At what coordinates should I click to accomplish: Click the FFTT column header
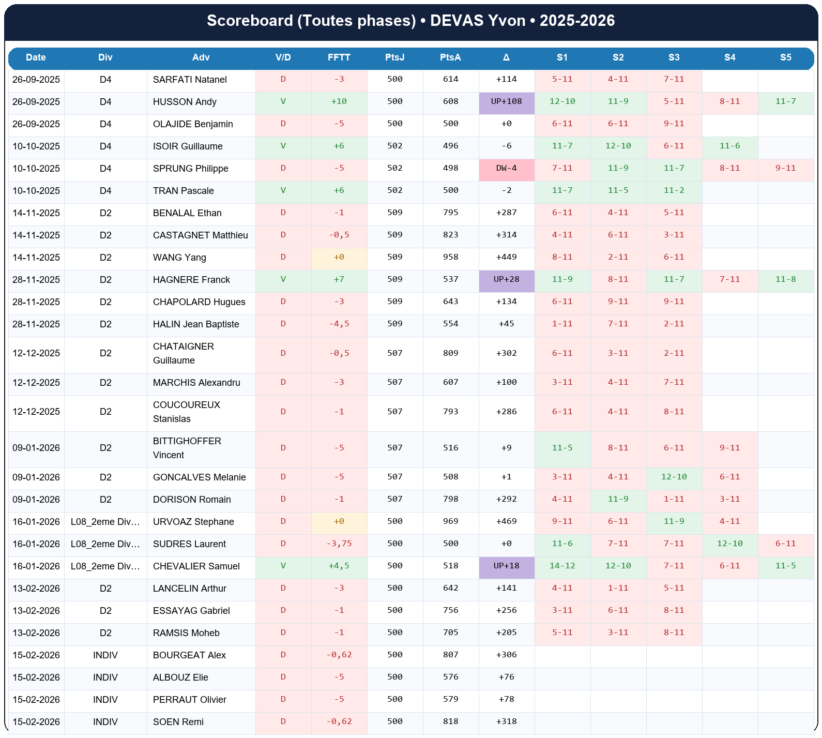click(x=339, y=57)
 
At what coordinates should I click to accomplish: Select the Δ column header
click(x=506, y=57)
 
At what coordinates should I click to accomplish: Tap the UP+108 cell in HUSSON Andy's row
click(x=506, y=101)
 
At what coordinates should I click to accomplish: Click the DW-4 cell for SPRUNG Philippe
click(x=506, y=168)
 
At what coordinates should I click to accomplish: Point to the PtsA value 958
click(x=450, y=257)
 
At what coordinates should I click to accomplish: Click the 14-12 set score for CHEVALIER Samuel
click(x=562, y=566)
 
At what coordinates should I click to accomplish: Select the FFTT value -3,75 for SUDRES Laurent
click(x=339, y=544)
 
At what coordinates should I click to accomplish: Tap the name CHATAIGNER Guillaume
click(x=183, y=353)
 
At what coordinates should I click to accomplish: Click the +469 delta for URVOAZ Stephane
click(x=506, y=521)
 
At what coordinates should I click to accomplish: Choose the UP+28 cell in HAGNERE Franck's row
click(x=506, y=279)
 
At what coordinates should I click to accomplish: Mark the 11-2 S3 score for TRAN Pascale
click(x=674, y=190)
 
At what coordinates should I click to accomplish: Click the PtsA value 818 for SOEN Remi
click(x=450, y=721)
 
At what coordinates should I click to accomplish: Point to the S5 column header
click(x=785, y=57)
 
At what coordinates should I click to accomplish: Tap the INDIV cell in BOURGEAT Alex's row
click(x=105, y=655)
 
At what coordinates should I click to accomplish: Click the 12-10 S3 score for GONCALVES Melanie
click(x=674, y=477)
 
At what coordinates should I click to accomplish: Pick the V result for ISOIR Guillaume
click(x=283, y=146)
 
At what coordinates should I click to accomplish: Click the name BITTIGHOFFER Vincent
click(x=187, y=448)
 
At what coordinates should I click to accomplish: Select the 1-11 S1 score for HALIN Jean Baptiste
click(x=562, y=324)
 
